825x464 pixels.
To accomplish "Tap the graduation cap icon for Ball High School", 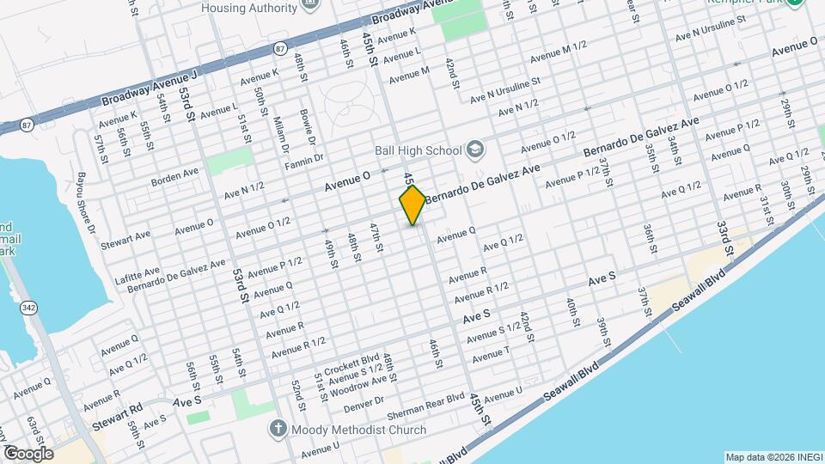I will click(x=474, y=150).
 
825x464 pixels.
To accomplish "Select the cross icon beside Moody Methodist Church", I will click(x=278, y=428).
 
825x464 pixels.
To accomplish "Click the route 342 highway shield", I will click(x=30, y=308).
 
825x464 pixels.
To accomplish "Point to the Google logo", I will click(x=27, y=453).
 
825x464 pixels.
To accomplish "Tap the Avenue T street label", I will click(x=490, y=353).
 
